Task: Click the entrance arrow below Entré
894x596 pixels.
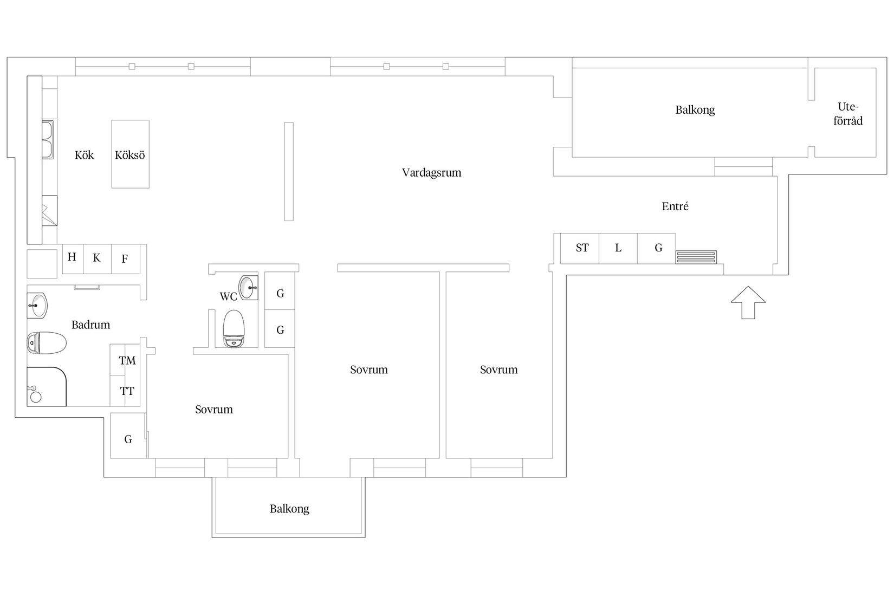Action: [x=748, y=302]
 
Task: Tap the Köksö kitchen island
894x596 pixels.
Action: [x=131, y=154]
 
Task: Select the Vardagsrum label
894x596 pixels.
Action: [x=431, y=172]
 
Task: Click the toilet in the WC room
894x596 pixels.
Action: [x=234, y=328]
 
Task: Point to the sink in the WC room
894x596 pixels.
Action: [x=248, y=287]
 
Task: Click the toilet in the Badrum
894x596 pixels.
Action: [x=46, y=343]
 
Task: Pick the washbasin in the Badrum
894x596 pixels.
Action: [x=37, y=306]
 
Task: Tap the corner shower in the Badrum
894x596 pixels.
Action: [x=46, y=386]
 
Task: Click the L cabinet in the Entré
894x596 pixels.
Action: [x=618, y=248]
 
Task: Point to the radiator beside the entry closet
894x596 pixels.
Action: [x=696, y=257]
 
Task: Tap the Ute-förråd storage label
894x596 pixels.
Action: [x=848, y=114]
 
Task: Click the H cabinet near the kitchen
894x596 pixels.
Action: [x=73, y=258]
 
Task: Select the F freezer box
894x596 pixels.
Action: [x=126, y=258]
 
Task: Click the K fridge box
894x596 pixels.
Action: [x=98, y=258]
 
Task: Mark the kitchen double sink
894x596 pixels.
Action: [x=48, y=140]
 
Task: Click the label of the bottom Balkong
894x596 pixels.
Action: [x=289, y=509]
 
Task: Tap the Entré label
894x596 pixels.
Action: [x=675, y=206]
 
